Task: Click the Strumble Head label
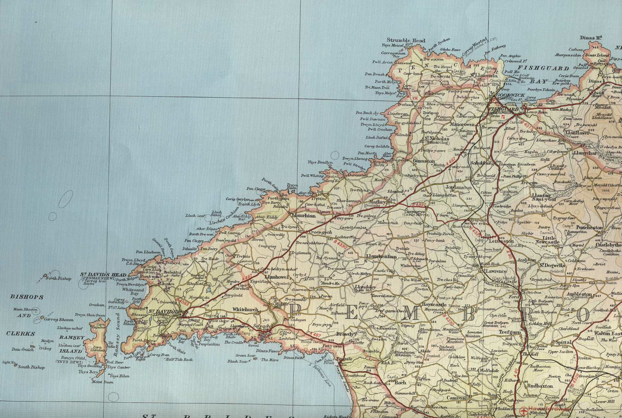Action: pos(406,40)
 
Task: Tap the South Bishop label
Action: pos(31,367)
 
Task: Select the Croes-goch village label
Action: pos(320,232)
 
